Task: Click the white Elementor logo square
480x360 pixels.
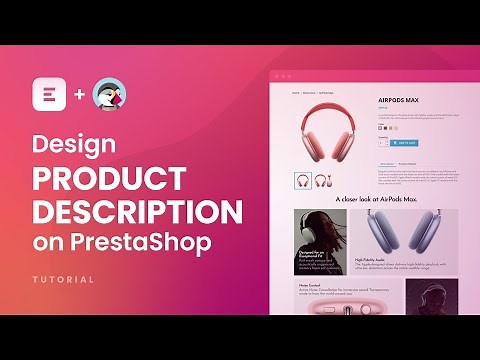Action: click(x=45, y=95)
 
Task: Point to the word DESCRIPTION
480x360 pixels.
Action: click(x=137, y=213)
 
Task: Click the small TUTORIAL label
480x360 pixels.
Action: click(x=63, y=279)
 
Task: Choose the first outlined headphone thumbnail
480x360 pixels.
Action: click(x=302, y=181)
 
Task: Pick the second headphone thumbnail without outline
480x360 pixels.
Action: click(x=323, y=181)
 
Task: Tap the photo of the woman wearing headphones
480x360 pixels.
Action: click(x=320, y=241)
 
